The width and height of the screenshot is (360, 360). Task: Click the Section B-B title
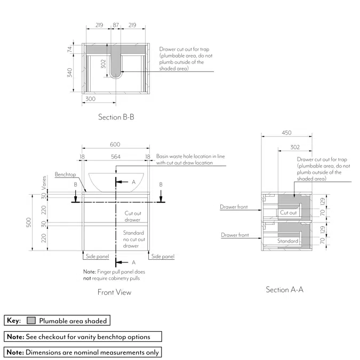pos(116,117)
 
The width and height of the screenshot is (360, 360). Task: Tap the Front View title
pos(114,292)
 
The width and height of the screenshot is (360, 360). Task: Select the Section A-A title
pos(285,290)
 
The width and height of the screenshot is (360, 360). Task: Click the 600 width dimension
pos(115,145)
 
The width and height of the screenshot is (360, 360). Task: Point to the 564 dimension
pos(115,156)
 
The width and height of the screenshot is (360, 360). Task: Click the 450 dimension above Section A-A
pos(286,133)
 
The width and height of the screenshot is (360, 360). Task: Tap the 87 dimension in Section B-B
pos(116,25)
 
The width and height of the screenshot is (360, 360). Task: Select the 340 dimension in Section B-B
pos(70,73)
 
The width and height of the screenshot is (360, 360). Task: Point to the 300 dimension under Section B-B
pos(90,99)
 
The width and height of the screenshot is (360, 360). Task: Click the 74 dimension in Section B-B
pos(70,49)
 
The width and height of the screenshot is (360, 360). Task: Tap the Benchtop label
pos(65,175)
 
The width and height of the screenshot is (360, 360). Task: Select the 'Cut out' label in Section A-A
pos(289,212)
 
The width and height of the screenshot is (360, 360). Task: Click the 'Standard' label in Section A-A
pos(288,241)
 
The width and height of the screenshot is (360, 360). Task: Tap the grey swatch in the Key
pos(31,321)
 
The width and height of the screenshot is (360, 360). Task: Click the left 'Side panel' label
pos(98,257)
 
